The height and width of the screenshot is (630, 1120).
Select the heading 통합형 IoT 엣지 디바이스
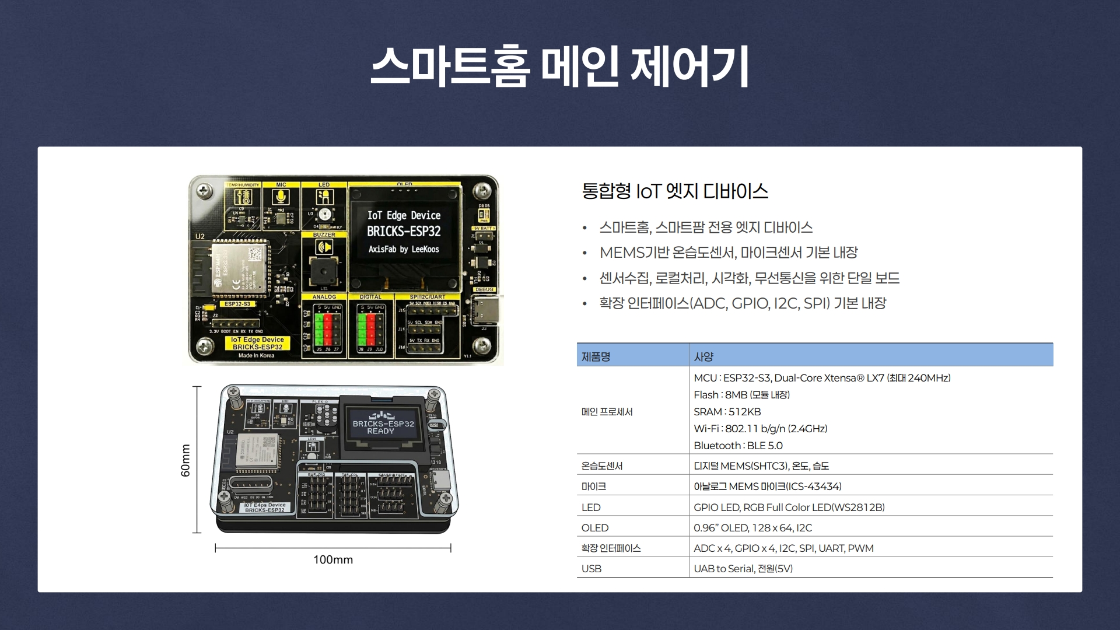pyautogui.click(x=675, y=191)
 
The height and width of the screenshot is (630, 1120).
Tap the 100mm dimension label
pyautogui.click(x=333, y=560)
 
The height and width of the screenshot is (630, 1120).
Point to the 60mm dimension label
pyautogui.click(x=185, y=460)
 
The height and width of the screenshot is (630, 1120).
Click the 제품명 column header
pyautogui.click(x=596, y=356)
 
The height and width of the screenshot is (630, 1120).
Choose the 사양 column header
pyautogui.click(x=703, y=356)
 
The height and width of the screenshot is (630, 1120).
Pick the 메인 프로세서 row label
pyautogui.click(x=607, y=412)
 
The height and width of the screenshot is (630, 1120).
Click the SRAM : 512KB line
pyautogui.click(x=727, y=412)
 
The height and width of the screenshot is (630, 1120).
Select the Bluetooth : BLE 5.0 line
pyautogui.click(x=738, y=446)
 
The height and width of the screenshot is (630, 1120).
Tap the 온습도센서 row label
pyautogui.click(x=602, y=466)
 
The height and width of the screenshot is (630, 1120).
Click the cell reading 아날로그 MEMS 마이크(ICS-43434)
pyautogui.click(x=767, y=487)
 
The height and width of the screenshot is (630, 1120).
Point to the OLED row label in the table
pyautogui.click(x=594, y=528)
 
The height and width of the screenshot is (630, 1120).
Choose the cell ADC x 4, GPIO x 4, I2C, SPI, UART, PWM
pyautogui.click(x=783, y=548)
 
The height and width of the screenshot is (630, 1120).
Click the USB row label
pyautogui.click(x=591, y=569)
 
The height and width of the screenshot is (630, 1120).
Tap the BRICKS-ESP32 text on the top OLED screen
pyautogui.click(x=404, y=232)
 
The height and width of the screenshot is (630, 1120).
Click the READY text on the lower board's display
pyautogui.click(x=380, y=432)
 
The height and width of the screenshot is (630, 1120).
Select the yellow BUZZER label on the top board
pyautogui.click(x=324, y=235)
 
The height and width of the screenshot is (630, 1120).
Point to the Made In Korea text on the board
pyautogui.click(x=256, y=355)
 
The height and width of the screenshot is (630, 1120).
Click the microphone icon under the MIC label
pyautogui.click(x=281, y=197)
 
